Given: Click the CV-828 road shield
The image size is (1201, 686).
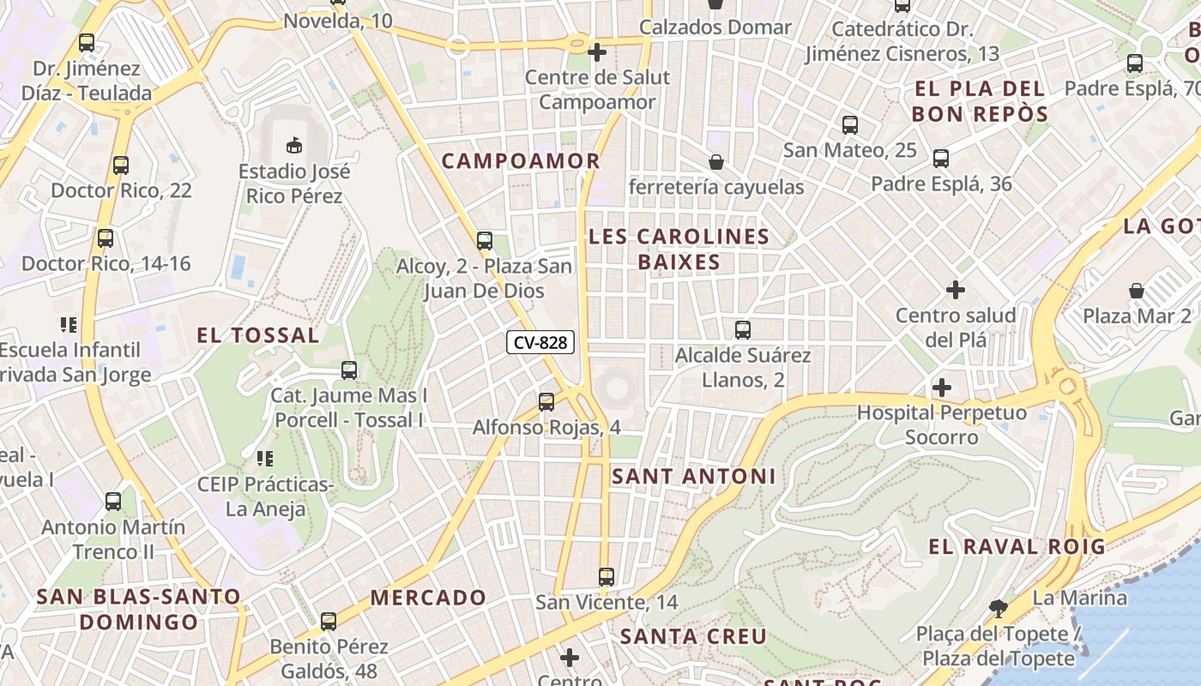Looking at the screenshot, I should pos(540,342).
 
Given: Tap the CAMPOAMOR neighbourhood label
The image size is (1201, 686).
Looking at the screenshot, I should pos(520,161).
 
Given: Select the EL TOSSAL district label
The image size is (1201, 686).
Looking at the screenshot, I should pos(257,335).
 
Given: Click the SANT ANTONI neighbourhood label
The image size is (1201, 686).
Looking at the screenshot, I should pos(693,476).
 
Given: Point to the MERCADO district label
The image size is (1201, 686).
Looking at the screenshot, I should pos(428,598).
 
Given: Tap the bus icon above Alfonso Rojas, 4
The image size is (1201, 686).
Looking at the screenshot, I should pos(546,401).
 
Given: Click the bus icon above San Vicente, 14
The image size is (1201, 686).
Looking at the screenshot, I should pos(607,576).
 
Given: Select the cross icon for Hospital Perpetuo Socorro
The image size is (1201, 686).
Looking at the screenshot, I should pos(942,388).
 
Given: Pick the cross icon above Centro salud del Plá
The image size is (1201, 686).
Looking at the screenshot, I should pos(955,290).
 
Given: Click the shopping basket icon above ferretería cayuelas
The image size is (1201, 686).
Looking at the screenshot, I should pos(715,162).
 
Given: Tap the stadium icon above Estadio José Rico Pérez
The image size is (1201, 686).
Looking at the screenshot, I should pos(294,145).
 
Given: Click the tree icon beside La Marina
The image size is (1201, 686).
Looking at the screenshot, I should pos(998,609).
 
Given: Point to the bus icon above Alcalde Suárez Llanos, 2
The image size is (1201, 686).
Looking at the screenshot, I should pos(743,329).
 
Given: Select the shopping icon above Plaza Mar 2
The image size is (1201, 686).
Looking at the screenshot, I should pos(1137,291).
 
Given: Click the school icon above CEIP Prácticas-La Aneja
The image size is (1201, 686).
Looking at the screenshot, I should pos(265,459).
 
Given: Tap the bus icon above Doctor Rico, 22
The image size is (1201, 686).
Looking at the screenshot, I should pos(120,165).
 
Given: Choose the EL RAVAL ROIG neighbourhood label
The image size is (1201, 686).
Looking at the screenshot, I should pos(1017,546).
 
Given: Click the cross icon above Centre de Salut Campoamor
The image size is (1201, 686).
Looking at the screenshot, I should pos(597,52).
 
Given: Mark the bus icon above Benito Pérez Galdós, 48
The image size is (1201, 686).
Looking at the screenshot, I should pos(328,621).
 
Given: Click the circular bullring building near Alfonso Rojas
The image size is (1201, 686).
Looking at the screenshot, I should pos(616,388).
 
